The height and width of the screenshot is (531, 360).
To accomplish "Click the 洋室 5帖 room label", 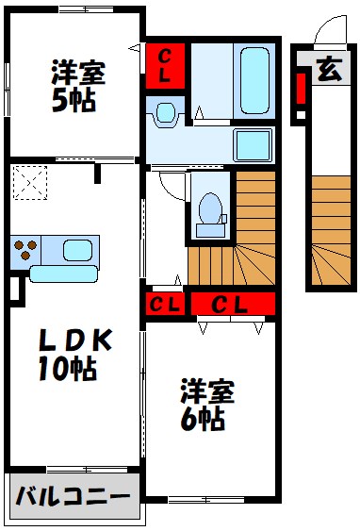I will coord(77,86).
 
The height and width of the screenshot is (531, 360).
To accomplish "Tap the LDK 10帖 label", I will coord(72,354).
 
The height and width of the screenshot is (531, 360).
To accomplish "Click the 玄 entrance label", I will coord(327,70).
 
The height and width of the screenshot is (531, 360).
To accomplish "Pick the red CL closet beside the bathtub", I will coord(165,66).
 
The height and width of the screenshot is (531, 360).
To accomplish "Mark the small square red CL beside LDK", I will coord(164,304).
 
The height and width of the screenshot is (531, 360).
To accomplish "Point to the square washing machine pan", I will coord(254,147).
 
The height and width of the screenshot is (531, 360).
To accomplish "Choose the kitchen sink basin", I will coord(75,250).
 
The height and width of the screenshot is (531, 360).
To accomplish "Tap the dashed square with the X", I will coord(31,183).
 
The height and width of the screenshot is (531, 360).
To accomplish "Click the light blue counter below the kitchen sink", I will coord(65,274).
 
